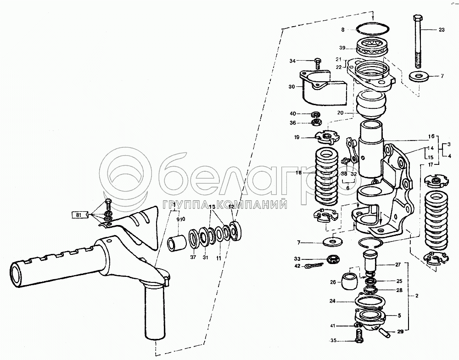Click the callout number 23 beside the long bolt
click(442, 29)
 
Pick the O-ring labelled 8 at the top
click(372, 29)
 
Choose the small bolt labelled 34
click(317, 61)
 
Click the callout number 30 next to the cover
click(291, 86)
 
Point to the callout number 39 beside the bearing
click(342, 48)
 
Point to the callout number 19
click(297, 137)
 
